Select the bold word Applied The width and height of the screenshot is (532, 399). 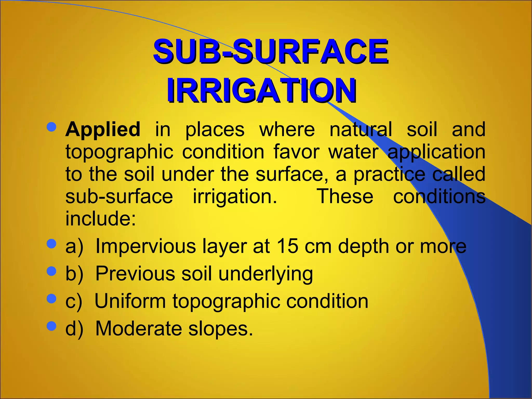(x=103, y=129)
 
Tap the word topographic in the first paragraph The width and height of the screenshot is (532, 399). (x=119, y=152)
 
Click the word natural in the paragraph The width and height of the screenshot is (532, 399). (x=361, y=129)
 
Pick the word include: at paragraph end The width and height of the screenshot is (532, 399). (x=101, y=218)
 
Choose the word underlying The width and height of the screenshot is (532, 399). (x=265, y=274)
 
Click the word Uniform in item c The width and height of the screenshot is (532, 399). (x=130, y=301)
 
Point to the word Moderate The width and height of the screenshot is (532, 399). (x=139, y=329)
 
